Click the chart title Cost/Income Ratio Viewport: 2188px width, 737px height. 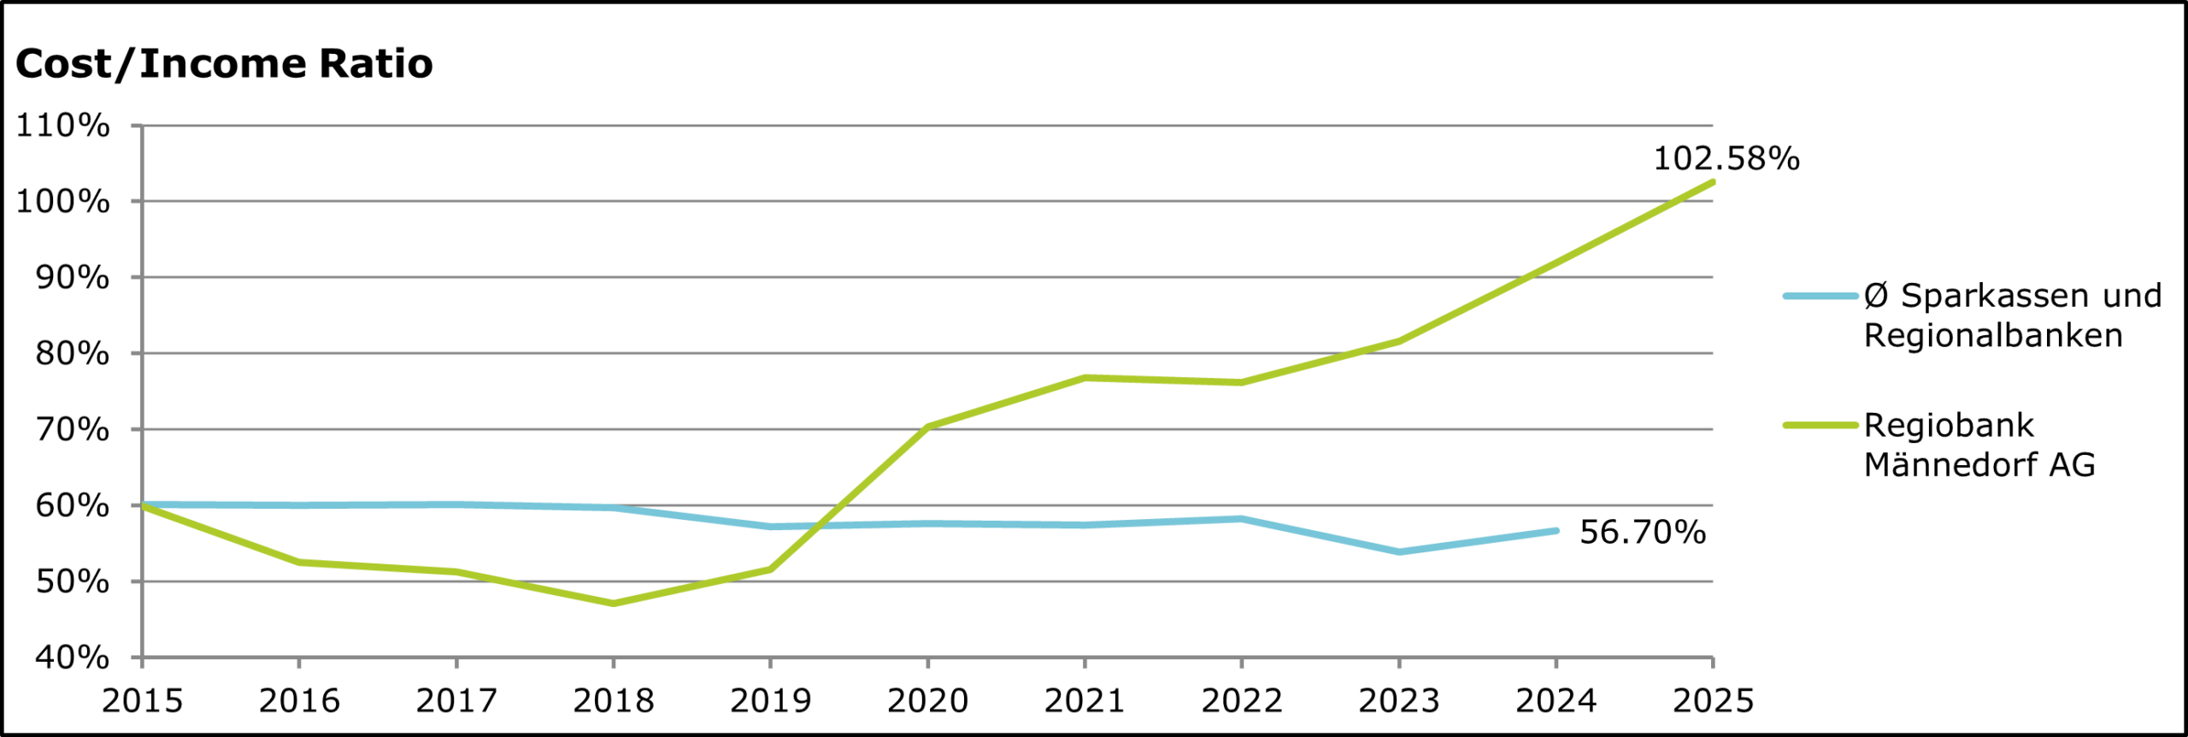[224, 64]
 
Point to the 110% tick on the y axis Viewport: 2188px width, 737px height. [63, 126]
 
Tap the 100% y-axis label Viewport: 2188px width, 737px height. [63, 202]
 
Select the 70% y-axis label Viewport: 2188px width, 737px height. [72, 429]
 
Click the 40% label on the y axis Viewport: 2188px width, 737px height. [72, 657]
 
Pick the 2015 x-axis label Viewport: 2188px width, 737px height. [142, 701]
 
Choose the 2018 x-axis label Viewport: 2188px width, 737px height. [613, 701]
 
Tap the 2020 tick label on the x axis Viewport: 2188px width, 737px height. [927, 701]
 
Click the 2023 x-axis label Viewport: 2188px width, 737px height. [1398, 701]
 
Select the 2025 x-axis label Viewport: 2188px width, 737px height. [1713, 701]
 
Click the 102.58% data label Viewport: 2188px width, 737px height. [1726, 159]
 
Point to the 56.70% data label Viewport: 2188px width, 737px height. [1642, 532]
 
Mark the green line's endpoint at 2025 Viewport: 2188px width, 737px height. [1713, 182]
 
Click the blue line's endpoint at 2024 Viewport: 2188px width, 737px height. [1556, 531]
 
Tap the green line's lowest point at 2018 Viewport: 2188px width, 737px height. [613, 604]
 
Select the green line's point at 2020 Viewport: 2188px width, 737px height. [927, 427]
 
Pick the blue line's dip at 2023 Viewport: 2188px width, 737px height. [1398, 552]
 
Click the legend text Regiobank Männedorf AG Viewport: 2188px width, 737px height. [1979, 445]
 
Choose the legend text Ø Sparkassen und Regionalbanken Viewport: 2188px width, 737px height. [2012, 315]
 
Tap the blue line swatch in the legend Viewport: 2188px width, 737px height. [1820, 296]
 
